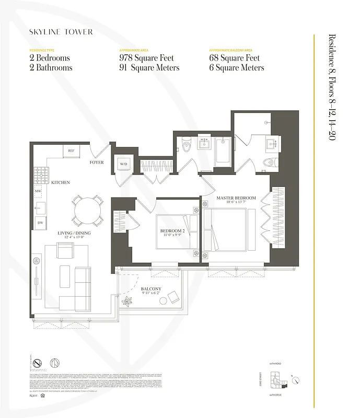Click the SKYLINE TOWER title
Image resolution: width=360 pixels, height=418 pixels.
coord(61,32)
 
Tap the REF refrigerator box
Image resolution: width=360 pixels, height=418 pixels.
coord(71,151)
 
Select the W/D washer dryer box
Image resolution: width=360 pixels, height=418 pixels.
coord(124,164)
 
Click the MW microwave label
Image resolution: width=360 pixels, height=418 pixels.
coord(38,192)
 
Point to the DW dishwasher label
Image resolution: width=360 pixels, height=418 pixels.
coord(39,223)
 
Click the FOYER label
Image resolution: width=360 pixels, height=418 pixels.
coord(97,162)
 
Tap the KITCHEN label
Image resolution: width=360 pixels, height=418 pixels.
coord(61,182)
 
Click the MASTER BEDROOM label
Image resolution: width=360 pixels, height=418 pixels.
coord(236,198)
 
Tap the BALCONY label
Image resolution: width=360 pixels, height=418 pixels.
coord(151,289)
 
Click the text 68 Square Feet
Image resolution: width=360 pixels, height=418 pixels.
coord(236,58)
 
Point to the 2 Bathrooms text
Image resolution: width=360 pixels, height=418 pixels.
coord(51,68)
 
